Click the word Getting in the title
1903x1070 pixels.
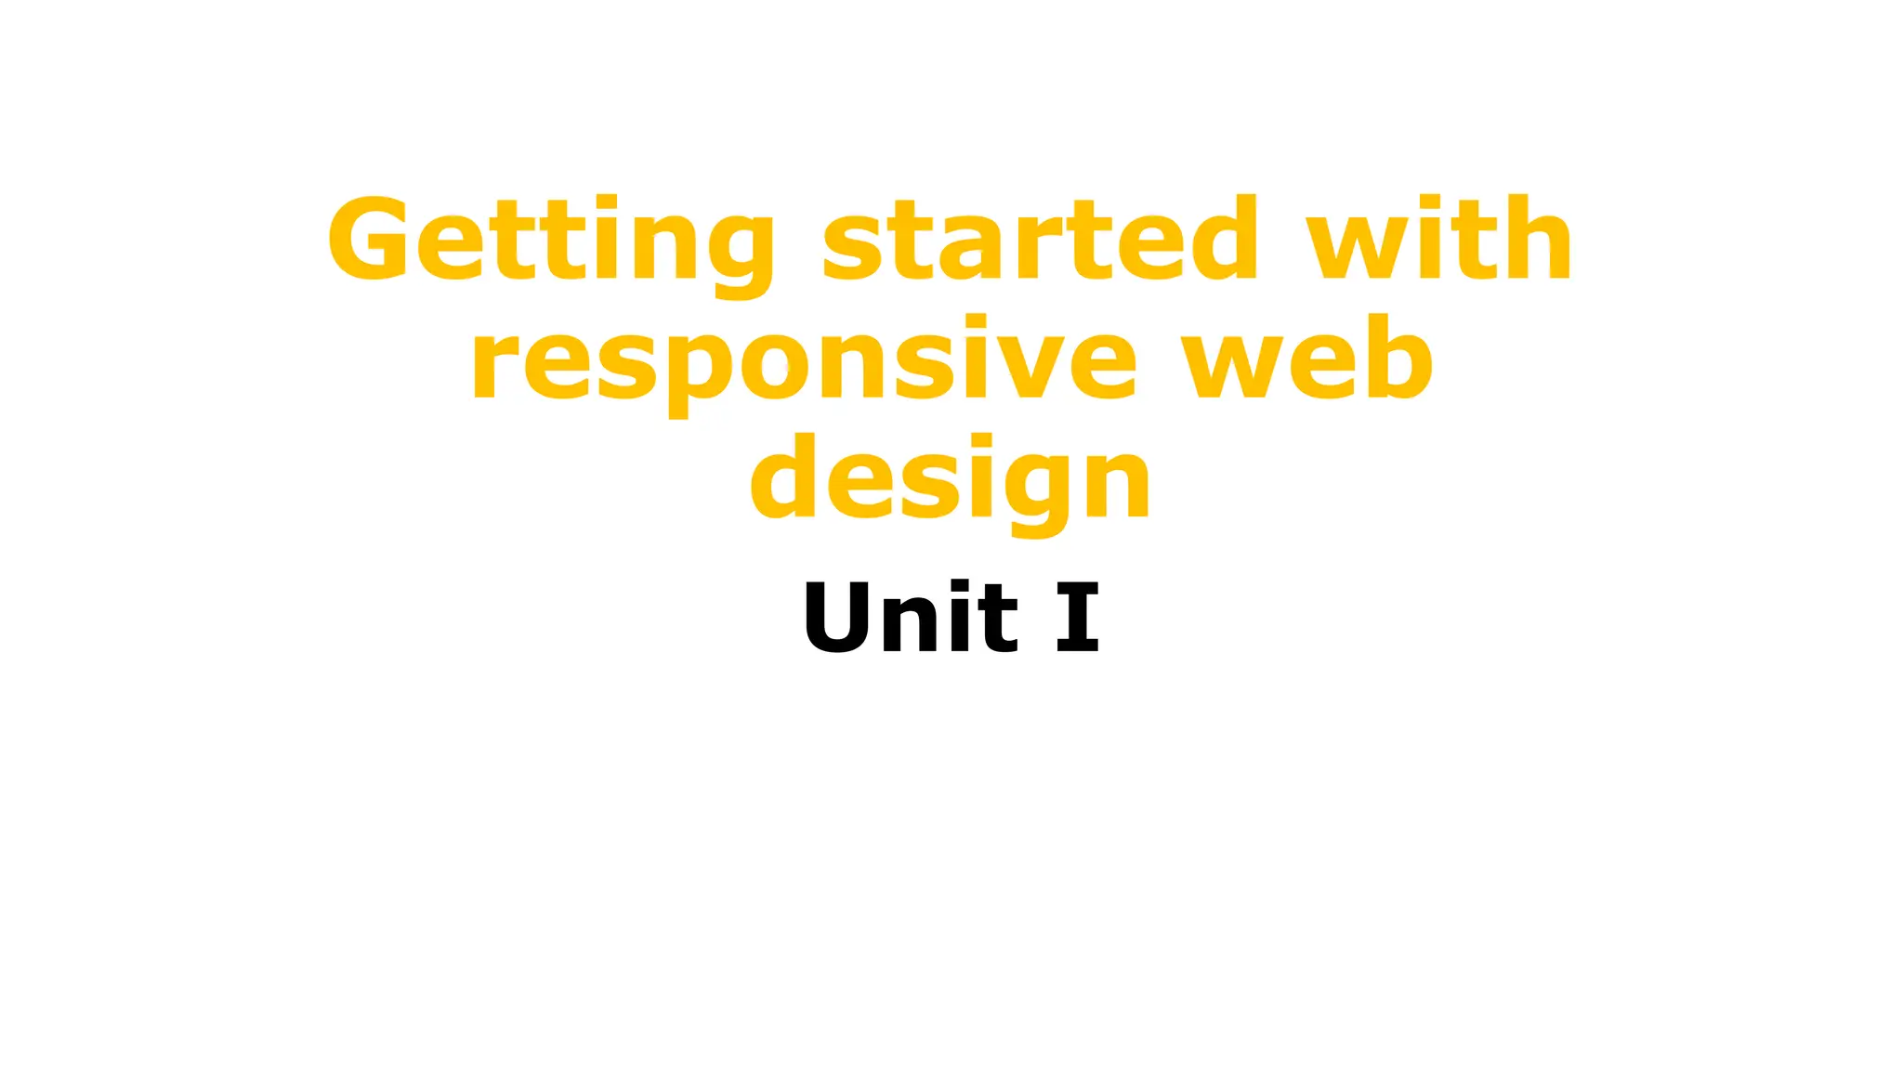coord(551,240)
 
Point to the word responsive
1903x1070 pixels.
coord(804,360)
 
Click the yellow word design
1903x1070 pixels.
coord(951,479)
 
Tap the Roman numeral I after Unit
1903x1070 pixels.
coord(1078,617)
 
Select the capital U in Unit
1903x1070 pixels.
coord(837,617)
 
